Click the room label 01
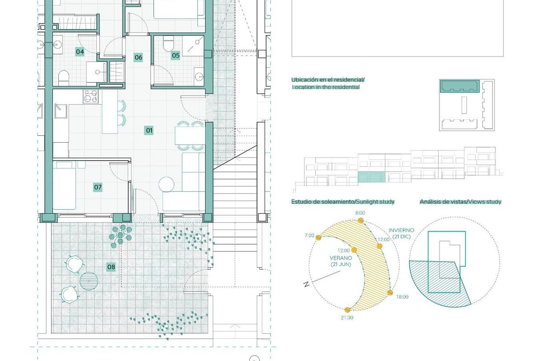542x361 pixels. coord(149,131)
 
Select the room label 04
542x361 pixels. coord(80,52)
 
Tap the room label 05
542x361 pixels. coord(176,56)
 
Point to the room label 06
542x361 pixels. coord(138,57)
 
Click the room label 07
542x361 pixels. coord(98,187)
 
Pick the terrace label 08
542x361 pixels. coord(111,267)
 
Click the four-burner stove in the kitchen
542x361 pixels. coord(91,96)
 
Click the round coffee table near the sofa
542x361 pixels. coord(167,184)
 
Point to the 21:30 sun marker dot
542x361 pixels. coord(347,310)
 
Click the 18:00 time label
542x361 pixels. coord(402,297)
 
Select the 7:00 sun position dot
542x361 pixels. coord(318,237)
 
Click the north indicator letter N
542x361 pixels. coord(306,284)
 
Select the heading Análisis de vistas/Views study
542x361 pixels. coord(460,202)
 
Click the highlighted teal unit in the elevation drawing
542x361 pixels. coord(372,177)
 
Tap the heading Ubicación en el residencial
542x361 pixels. coord(327,80)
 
